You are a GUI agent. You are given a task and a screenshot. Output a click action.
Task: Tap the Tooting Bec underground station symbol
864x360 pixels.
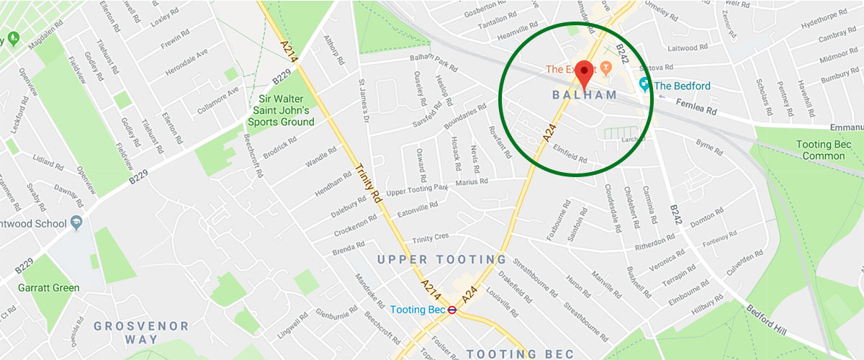coord(451,310)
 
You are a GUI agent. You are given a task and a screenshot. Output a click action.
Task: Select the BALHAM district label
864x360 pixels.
coord(585,95)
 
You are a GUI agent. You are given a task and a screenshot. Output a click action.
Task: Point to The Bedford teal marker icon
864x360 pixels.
coord(644,86)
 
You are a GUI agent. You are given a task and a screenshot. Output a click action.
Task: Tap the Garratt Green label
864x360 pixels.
coord(49,288)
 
